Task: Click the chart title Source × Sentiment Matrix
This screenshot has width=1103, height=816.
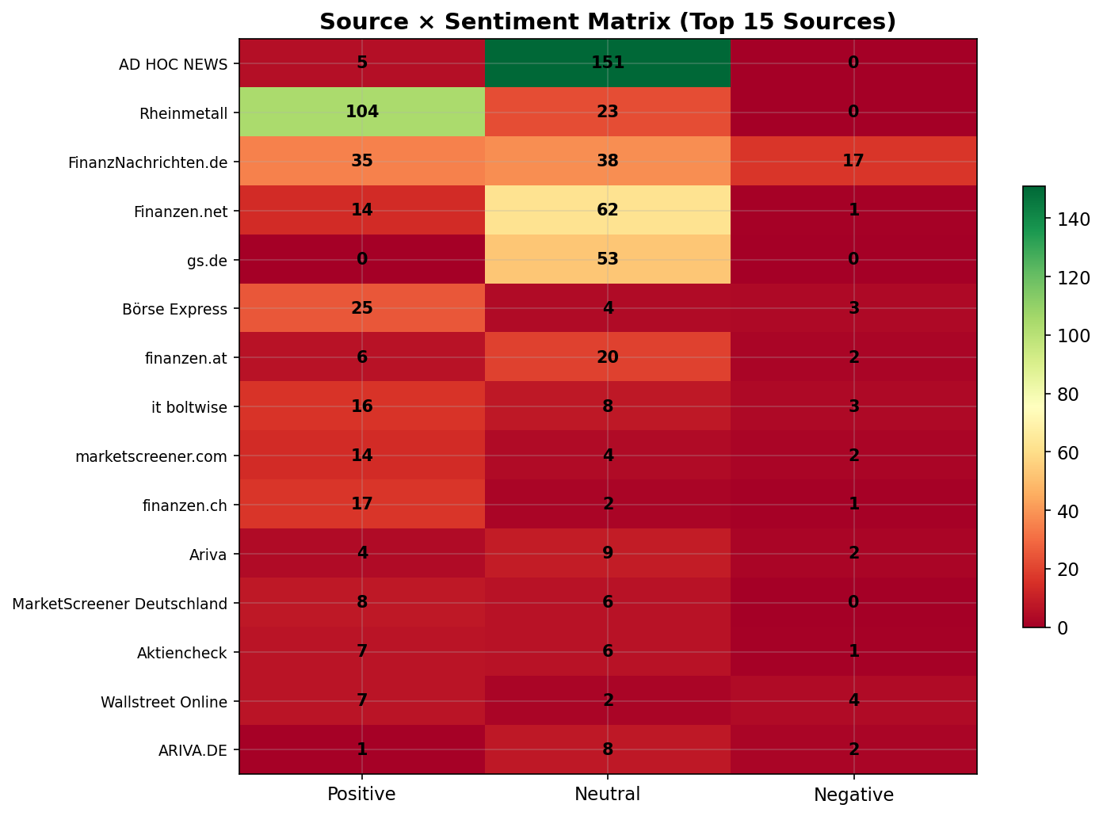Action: [607, 21]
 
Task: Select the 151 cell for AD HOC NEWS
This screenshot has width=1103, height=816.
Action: [607, 63]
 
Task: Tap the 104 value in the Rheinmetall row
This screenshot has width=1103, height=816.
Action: [362, 112]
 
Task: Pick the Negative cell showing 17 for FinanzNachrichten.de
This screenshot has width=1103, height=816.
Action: [853, 161]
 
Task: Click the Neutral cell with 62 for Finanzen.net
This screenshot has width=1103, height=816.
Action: [607, 210]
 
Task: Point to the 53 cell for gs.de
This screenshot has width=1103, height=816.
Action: [607, 259]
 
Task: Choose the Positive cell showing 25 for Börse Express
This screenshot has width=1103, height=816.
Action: [362, 308]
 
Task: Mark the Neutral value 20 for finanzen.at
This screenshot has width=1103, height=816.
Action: [607, 357]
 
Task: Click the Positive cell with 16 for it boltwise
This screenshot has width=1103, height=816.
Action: [362, 406]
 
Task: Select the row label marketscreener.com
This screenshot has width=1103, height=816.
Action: [151, 456]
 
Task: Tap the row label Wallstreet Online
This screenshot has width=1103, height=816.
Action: [164, 702]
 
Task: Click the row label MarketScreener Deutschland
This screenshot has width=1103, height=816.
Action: [120, 604]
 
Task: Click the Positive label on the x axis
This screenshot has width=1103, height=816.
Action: [362, 795]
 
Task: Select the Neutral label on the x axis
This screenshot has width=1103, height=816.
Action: [607, 795]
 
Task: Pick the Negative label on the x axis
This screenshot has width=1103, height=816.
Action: [853, 795]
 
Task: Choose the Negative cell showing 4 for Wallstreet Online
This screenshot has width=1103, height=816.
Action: [853, 701]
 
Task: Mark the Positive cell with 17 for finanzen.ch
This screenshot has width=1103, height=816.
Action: [362, 505]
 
